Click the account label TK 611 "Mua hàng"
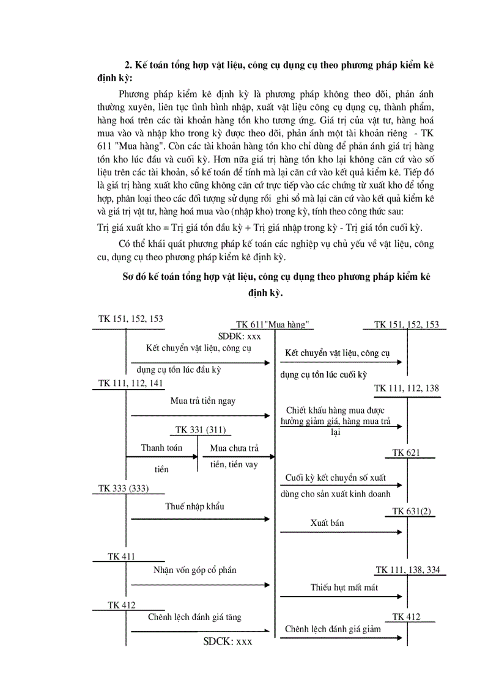coord(273,324)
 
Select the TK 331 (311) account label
coord(199,430)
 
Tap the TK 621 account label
coord(406,453)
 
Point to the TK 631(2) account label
coord(411,511)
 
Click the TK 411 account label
coord(121,556)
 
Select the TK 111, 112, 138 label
coord(406,389)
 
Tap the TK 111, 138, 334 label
coord(407,570)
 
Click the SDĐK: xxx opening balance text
coord(240,336)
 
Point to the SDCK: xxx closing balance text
coord(227,641)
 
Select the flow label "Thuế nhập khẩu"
coord(194,506)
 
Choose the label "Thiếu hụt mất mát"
coord(344,588)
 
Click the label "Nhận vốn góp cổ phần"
coord(195,570)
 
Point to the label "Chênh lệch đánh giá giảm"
coord(333,629)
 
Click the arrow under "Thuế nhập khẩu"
coord(200,519)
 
